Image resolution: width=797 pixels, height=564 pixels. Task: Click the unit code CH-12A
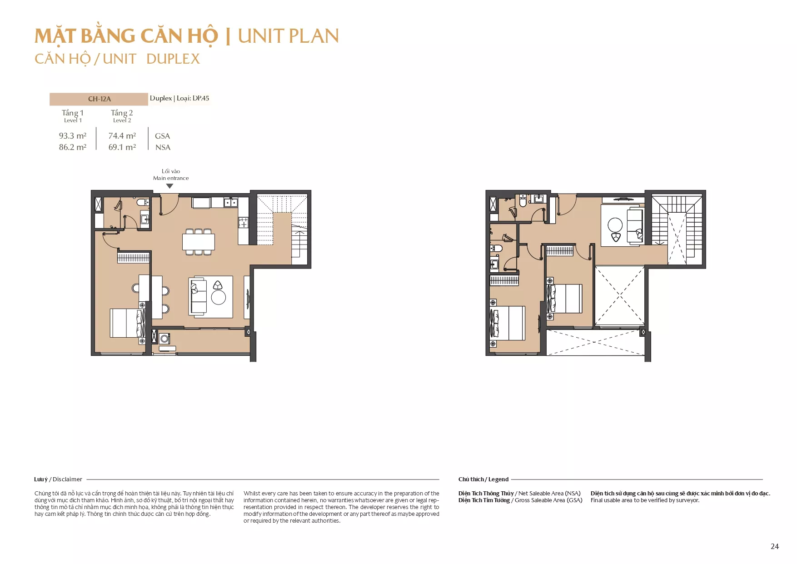pyautogui.click(x=100, y=99)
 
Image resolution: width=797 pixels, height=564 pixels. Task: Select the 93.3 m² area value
pyautogui.click(x=73, y=136)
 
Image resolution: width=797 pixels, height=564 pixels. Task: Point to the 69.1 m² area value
pyautogui.click(x=122, y=147)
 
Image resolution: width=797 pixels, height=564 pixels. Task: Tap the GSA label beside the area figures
pyautogui.click(x=162, y=136)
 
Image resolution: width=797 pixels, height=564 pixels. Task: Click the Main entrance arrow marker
pyautogui.click(x=170, y=186)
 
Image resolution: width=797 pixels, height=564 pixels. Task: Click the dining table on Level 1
pyautogui.click(x=199, y=242)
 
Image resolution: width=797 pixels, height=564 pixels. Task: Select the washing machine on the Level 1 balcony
pyautogui.click(x=164, y=339)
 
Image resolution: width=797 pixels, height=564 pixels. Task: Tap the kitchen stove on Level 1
pyautogui.click(x=244, y=223)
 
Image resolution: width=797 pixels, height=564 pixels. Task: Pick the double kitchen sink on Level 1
pyautogui.click(x=230, y=202)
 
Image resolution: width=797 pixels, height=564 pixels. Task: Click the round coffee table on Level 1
pyautogui.click(x=219, y=297)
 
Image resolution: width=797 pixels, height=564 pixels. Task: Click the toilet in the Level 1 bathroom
pyautogui.click(x=143, y=202)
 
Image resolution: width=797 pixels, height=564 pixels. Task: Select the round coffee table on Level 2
pyautogui.click(x=615, y=225)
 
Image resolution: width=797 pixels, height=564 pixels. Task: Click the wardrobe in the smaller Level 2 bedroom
pyautogui.click(x=560, y=250)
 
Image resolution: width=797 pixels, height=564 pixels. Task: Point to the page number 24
pyautogui.click(x=775, y=546)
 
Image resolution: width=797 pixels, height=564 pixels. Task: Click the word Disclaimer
pyautogui.click(x=67, y=479)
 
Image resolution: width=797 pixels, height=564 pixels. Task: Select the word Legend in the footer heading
pyautogui.click(x=498, y=479)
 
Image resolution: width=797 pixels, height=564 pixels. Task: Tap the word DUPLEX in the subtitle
pyautogui.click(x=173, y=59)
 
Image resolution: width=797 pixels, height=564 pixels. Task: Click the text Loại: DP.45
pyautogui.click(x=193, y=98)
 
